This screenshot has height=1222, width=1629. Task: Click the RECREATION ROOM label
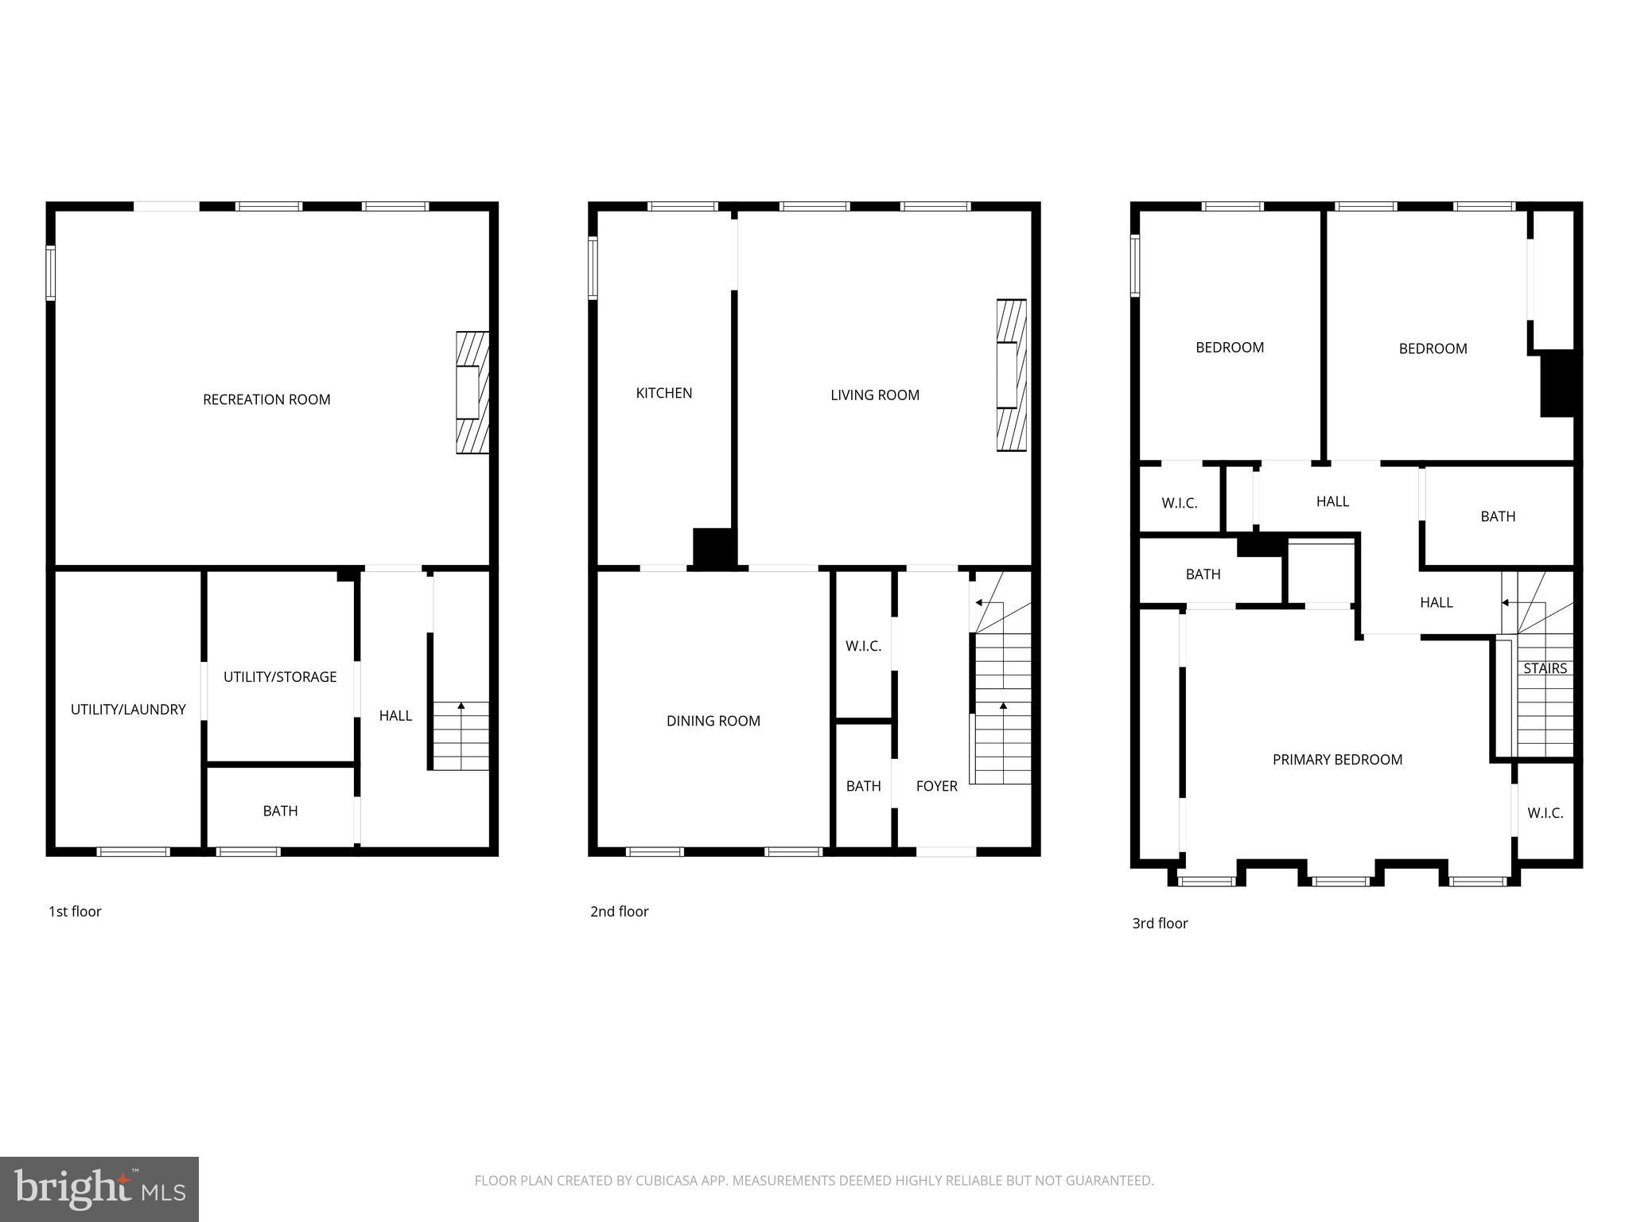[266, 399]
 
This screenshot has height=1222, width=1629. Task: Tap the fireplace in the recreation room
[471, 392]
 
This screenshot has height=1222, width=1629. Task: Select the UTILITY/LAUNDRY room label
[128, 709]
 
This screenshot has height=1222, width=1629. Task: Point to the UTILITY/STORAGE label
[280, 677]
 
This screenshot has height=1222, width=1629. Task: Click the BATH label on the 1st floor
[280, 811]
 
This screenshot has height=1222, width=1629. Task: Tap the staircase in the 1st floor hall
[461, 735]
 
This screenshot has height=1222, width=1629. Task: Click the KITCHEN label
[664, 393]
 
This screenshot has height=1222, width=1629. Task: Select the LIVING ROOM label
[875, 395]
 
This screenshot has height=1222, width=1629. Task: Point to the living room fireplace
[1010, 376]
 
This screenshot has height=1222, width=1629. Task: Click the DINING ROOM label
[713, 721]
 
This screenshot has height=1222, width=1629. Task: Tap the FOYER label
[936, 786]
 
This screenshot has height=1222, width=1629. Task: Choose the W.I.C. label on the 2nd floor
[863, 646]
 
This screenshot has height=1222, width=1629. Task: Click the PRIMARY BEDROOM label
[1337, 760]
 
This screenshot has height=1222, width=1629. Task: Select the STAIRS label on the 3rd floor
[1545, 668]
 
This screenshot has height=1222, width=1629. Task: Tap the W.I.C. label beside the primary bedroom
[1545, 813]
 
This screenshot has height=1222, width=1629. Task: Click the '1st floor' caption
[75, 912]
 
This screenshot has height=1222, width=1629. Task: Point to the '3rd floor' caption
[1160, 924]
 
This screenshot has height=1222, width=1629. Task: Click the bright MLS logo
[99, 1189]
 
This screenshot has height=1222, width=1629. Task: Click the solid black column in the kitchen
[713, 548]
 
